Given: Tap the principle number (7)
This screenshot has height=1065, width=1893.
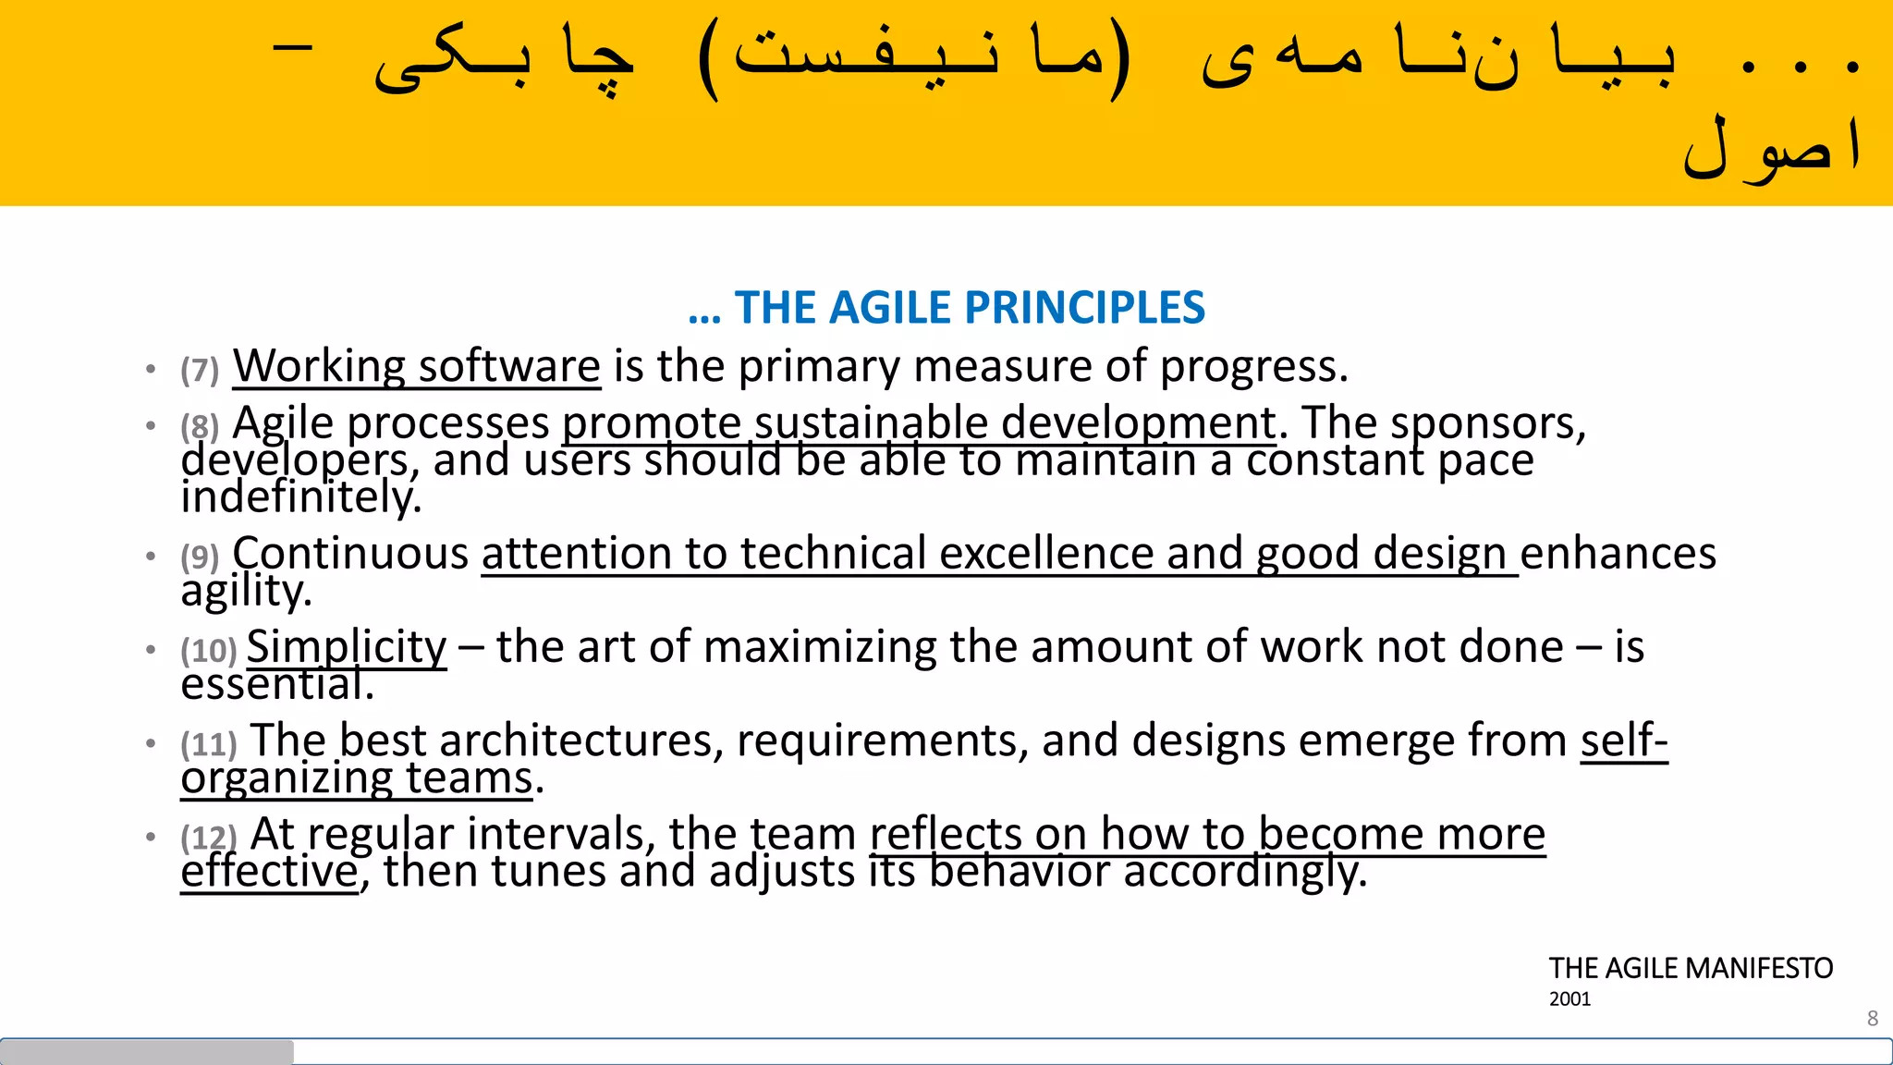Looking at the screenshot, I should click(200, 370).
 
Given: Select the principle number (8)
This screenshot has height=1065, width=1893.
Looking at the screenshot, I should click(200, 426).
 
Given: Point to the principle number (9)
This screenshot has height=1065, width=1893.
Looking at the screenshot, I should click(200, 557).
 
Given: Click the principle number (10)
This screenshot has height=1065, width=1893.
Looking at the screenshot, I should click(209, 650).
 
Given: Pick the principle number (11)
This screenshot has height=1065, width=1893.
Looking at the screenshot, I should click(209, 743).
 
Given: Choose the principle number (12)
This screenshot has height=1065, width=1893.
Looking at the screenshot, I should click(209, 838).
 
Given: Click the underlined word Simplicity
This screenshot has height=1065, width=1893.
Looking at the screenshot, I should click(347, 646).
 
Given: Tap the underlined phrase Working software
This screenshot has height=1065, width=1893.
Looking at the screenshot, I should click(417, 366).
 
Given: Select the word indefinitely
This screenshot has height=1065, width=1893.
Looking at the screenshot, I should click(300, 497).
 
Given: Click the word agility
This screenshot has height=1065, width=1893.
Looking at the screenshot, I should click(246, 591).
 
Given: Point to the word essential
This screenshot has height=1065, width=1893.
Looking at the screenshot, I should click(277, 685).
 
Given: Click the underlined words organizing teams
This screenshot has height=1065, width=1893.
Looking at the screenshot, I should click(357, 778).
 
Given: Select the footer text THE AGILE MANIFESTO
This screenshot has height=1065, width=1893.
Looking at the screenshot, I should click(1691, 968).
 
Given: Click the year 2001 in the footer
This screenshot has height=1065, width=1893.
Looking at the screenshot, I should click(1569, 999).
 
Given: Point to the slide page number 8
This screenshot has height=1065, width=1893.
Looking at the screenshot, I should click(1873, 1018).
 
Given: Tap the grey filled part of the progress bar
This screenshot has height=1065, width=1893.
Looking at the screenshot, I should click(148, 1051).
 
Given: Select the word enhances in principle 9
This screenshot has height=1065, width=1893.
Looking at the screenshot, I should click(1618, 554).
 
